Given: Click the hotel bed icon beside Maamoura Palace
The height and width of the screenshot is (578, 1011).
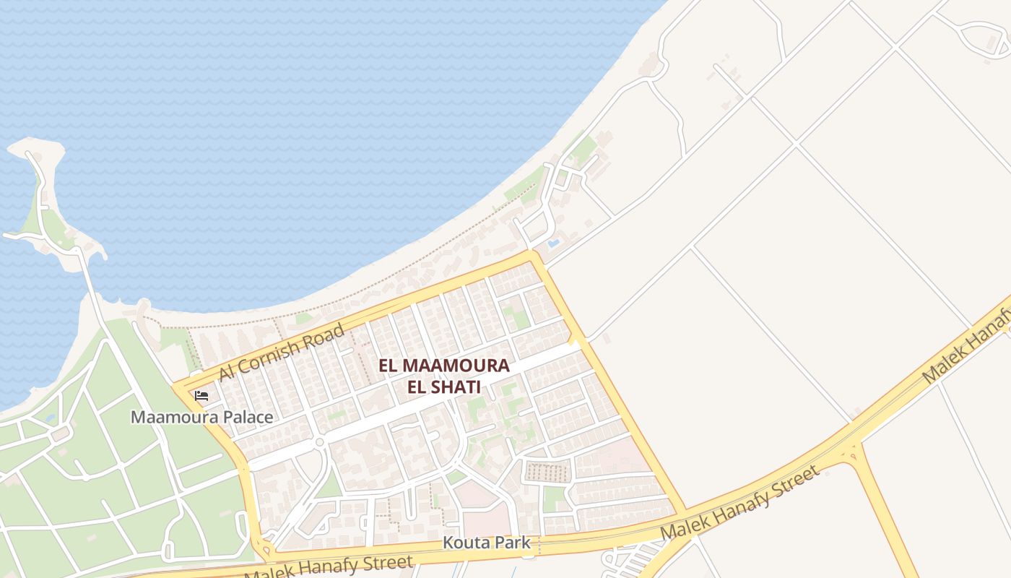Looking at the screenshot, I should click(x=201, y=395).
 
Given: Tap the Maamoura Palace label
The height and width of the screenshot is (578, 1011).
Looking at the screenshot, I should click(x=201, y=417).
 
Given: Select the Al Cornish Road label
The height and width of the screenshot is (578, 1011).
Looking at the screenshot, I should click(x=281, y=352).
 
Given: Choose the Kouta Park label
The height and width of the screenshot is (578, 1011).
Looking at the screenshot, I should click(x=486, y=543).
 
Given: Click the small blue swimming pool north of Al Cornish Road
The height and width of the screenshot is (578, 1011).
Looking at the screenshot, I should click(x=553, y=244).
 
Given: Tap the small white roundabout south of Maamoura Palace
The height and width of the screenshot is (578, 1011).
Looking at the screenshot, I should click(x=318, y=442).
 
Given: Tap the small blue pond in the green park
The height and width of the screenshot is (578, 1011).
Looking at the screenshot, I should click(x=48, y=417).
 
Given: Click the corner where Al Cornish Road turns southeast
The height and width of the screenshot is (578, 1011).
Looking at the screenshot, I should click(x=533, y=255).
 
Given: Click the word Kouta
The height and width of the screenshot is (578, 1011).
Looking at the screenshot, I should click(x=462, y=543).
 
